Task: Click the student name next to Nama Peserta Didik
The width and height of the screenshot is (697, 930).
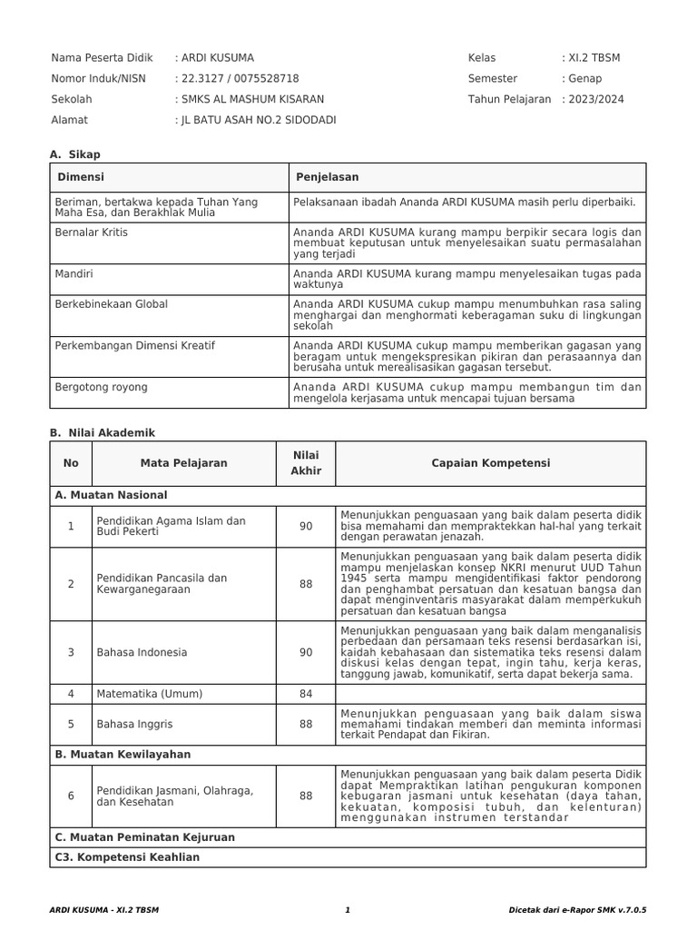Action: tap(218, 58)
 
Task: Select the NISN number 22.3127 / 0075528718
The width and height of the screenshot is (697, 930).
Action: tap(240, 79)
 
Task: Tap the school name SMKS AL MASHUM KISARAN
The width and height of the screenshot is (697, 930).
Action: tap(251, 99)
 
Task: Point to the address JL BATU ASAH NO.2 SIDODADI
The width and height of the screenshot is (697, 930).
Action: tap(258, 120)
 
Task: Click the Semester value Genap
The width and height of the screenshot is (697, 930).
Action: tap(584, 79)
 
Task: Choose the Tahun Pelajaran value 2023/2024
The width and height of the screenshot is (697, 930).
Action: tap(596, 99)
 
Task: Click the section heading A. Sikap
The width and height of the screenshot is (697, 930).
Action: tap(75, 155)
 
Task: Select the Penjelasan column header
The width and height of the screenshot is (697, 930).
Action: tap(326, 177)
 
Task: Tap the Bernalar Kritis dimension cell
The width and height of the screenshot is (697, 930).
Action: tap(92, 232)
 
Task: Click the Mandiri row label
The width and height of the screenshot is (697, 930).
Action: tap(74, 272)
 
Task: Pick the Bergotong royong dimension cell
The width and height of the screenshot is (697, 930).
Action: tap(102, 387)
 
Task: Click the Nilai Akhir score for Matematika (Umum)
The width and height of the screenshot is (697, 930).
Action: tap(306, 694)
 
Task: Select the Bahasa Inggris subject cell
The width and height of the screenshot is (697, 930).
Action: tap(134, 725)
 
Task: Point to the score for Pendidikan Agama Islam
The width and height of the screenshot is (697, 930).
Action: tap(306, 526)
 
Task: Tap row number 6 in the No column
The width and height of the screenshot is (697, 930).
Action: tap(71, 796)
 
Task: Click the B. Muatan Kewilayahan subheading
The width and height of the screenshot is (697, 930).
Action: tap(123, 754)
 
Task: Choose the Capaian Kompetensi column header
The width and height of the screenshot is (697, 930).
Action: tap(490, 463)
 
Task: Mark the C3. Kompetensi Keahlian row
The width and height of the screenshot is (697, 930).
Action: tap(127, 856)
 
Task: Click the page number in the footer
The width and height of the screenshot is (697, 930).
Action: tap(348, 909)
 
